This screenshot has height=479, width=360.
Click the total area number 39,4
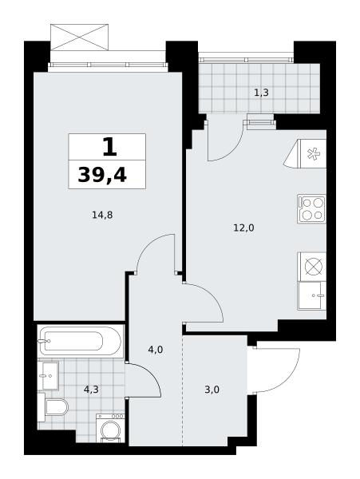[x=102, y=176]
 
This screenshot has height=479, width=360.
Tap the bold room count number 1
[x=109, y=147]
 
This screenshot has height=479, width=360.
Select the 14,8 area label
[x=102, y=216]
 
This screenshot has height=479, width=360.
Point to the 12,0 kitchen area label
[x=243, y=228]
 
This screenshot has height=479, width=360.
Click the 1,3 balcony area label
[x=261, y=92]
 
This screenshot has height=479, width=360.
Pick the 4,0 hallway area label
[x=155, y=350]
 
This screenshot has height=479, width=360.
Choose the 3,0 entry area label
[x=212, y=390]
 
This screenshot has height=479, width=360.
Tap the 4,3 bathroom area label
[x=91, y=390]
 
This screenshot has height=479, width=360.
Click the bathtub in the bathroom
[x=80, y=341]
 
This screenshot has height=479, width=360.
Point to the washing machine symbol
[x=110, y=428]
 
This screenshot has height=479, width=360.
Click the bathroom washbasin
[x=48, y=375]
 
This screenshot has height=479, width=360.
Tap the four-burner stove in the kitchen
[x=312, y=209]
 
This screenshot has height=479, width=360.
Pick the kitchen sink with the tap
[x=312, y=295]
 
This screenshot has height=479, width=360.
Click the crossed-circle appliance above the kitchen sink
[x=313, y=267]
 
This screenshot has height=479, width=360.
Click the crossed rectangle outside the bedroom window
[x=79, y=38]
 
